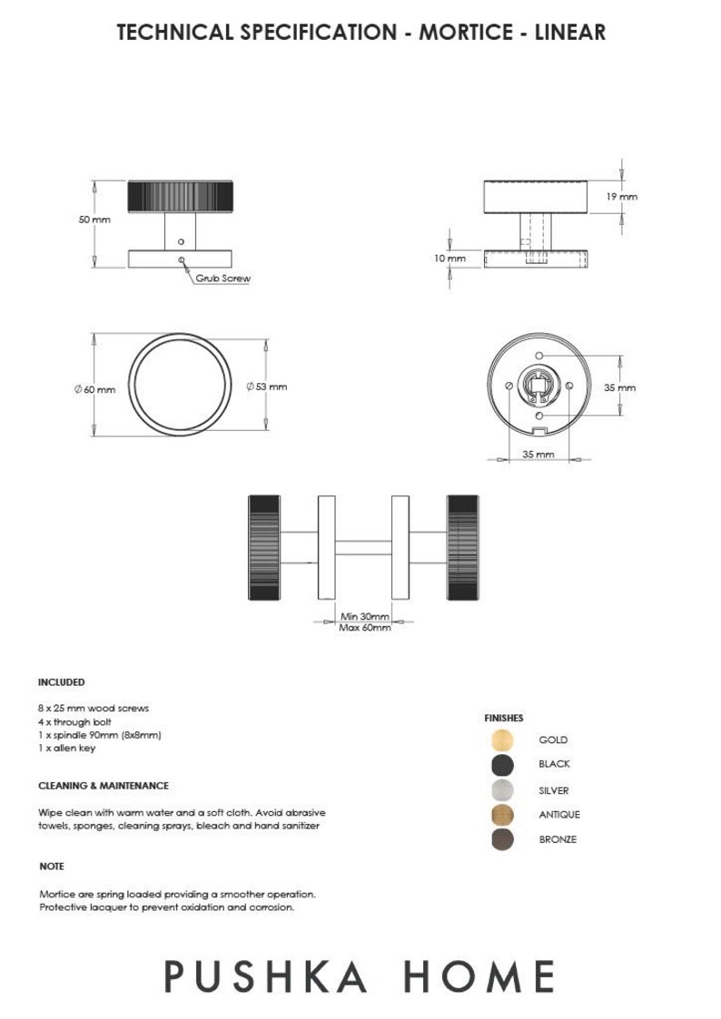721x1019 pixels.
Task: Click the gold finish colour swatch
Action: (x=502, y=740)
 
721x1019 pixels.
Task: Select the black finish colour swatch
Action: (x=502, y=764)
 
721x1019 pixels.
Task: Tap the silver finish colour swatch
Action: (x=502, y=789)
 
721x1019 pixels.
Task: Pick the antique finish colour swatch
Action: (x=502, y=814)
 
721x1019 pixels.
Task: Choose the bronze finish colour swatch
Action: (x=502, y=839)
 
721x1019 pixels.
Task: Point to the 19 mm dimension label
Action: (x=622, y=197)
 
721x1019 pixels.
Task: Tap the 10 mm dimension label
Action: (x=449, y=259)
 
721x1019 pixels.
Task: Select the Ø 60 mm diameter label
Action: (x=95, y=389)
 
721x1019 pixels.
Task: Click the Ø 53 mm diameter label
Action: (x=267, y=387)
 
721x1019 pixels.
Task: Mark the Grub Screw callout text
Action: (x=222, y=279)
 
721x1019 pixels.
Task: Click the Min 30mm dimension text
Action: (x=364, y=617)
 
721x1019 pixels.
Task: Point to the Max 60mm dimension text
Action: (x=364, y=628)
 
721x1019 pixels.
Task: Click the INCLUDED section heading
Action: (x=61, y=681)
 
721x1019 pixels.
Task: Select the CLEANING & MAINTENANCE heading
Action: (x=104, y=786)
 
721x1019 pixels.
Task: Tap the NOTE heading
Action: (x=52, y=867)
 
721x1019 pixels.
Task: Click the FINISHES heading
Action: (x=504, y=718)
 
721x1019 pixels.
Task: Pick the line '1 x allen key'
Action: (x=66, y=749)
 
